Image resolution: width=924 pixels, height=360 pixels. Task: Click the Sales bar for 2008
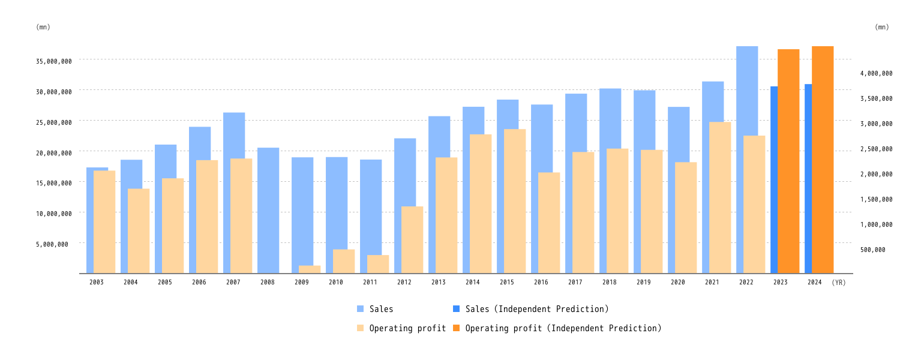[268, 210]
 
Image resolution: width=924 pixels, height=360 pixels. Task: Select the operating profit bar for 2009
[310, 269]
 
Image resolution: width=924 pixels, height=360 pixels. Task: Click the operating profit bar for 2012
[412, 240]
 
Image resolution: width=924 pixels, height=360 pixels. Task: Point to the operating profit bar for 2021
[720, 198]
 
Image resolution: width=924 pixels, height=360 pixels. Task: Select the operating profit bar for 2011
[378, 265]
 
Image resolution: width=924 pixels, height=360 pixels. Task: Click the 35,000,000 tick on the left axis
[54, 61]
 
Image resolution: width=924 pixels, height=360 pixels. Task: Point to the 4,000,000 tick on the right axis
[876, 74]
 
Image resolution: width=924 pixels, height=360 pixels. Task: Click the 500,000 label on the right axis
[872, 250]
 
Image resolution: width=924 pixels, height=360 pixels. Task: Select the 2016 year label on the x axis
[541, 282]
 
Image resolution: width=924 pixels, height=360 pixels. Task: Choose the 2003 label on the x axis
[97, 282]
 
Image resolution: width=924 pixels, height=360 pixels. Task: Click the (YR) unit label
[839, 283]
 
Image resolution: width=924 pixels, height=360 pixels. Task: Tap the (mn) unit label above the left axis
[43, 27]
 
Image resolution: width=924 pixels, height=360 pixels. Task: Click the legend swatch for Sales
[360, 309]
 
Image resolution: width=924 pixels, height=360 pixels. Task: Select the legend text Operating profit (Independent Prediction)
[563, 328]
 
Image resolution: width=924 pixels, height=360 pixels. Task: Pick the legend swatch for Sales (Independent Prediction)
[456, 309]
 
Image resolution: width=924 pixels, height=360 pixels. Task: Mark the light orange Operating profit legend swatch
[360, 328]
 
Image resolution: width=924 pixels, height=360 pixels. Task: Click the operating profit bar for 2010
[344, 262]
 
